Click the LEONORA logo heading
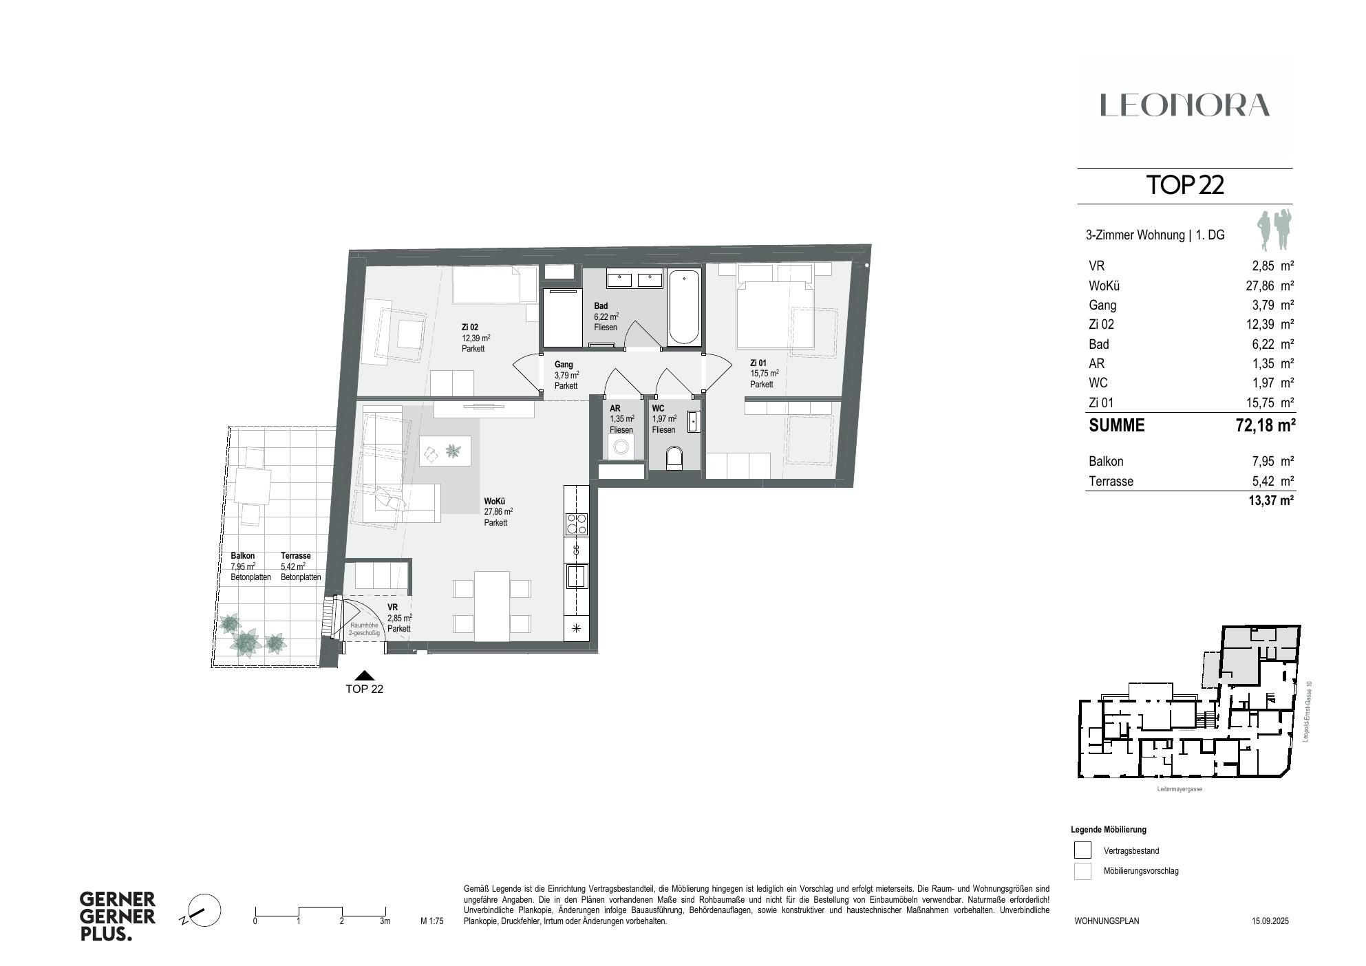point(1184,105)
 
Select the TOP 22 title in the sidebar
point(1184,185)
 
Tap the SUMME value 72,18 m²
point(1265,426)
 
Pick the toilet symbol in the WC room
point(675,458)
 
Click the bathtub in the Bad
point(685,308)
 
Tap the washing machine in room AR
point(621,448)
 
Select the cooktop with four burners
point(576,524)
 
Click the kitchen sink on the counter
point(576,576)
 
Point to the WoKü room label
point(494,502)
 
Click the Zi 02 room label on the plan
point(470,328)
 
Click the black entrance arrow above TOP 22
point(364,676)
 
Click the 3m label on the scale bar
point(385,921)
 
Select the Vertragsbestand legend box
point(1082,850)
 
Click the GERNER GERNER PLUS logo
point(118,916)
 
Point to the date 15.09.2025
point(1270,921)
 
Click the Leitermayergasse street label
point(1180,789)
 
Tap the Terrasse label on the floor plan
point(295,556)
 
